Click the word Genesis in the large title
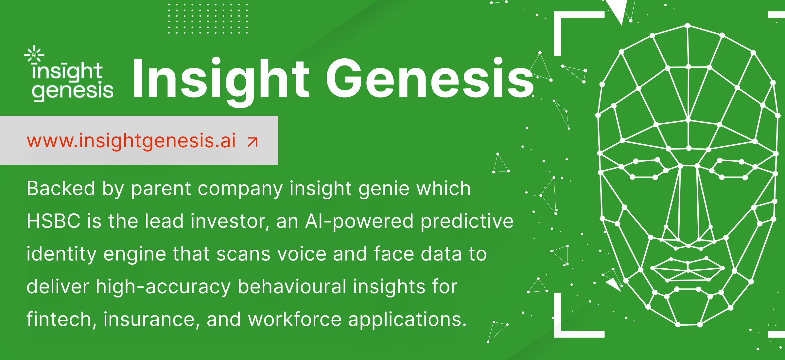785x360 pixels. coord(429,79)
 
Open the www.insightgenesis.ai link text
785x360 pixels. coord(131,141)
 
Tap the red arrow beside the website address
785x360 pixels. coord(253,142)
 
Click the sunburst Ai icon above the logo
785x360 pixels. coord(34,54)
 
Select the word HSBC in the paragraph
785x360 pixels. coord(54,221)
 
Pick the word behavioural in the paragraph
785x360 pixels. coord(292,286)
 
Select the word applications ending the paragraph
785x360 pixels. coord(407,320)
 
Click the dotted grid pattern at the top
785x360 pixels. coord(208,19)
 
